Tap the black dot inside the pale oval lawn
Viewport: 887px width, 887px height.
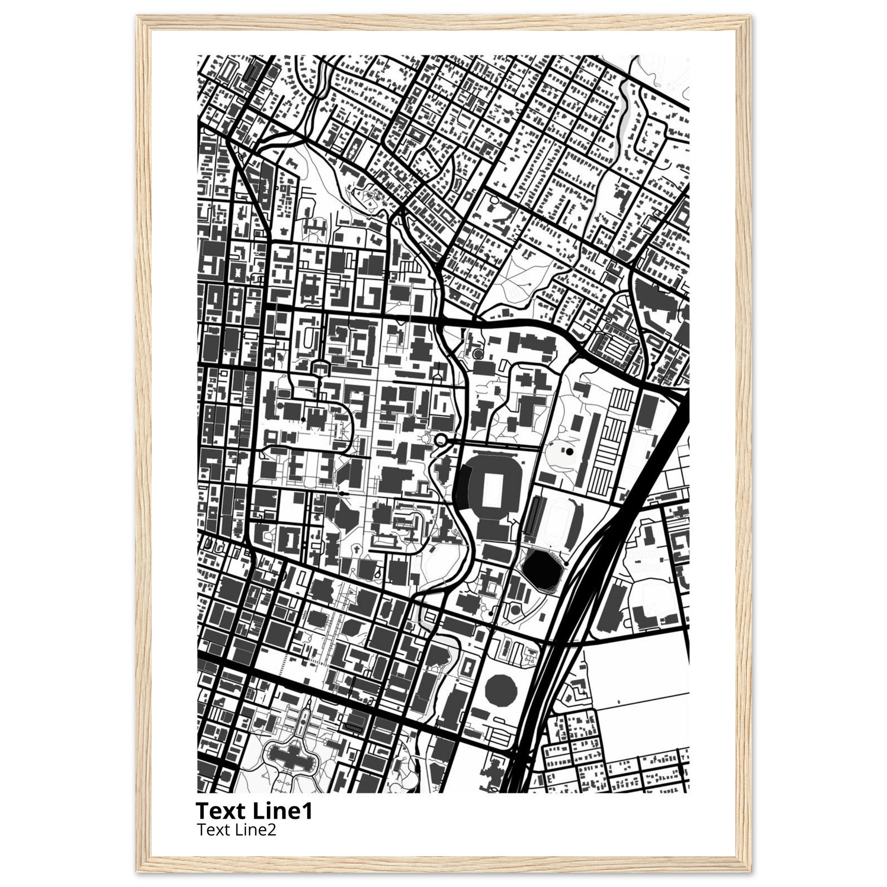[570, 452]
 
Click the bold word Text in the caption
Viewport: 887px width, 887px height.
[222, 811]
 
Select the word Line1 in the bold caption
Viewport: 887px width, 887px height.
[283, 811]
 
